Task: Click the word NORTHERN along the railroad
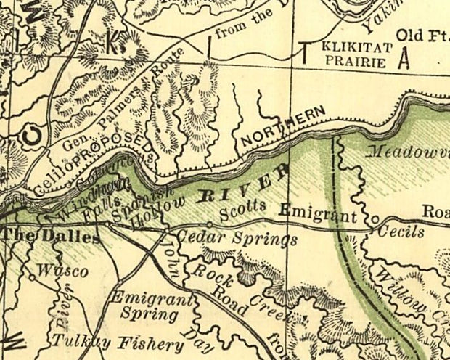point(282,127)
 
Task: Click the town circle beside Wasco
point(32,276)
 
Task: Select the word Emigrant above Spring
point(152,299)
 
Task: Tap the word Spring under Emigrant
point(149,316)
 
